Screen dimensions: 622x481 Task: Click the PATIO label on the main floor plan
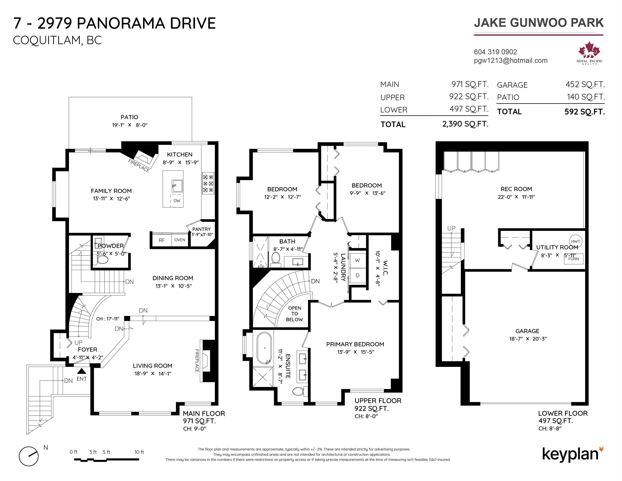pyautogui.click(x=129, y=117)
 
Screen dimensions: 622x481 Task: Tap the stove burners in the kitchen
pyautogui.click(x=208, y=183)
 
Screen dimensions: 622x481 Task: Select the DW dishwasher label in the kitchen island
pyautogui.click(x=177, y=201)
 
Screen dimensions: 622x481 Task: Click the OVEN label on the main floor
pyautogui.click(x=180, y=240)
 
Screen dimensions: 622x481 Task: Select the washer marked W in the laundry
pyautogui.click(x=357, y=260)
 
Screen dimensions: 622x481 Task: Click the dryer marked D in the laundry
pyautogui.click(x=357, y=276)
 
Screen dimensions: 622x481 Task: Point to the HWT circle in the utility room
pyautogui.click(x=575, y=241)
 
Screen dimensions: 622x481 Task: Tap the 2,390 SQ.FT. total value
pyautogui.click(x=465, y=124)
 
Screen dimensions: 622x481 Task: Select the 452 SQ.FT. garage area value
pyautogui.click(x=585, y=85)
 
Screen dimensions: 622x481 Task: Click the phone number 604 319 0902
pyautogui.click(x=495, y=52)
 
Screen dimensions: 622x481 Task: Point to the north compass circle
pyautogui.click(x=29, y=456)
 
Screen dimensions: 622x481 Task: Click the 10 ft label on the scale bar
pyautogui.click(x=139, y=452)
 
